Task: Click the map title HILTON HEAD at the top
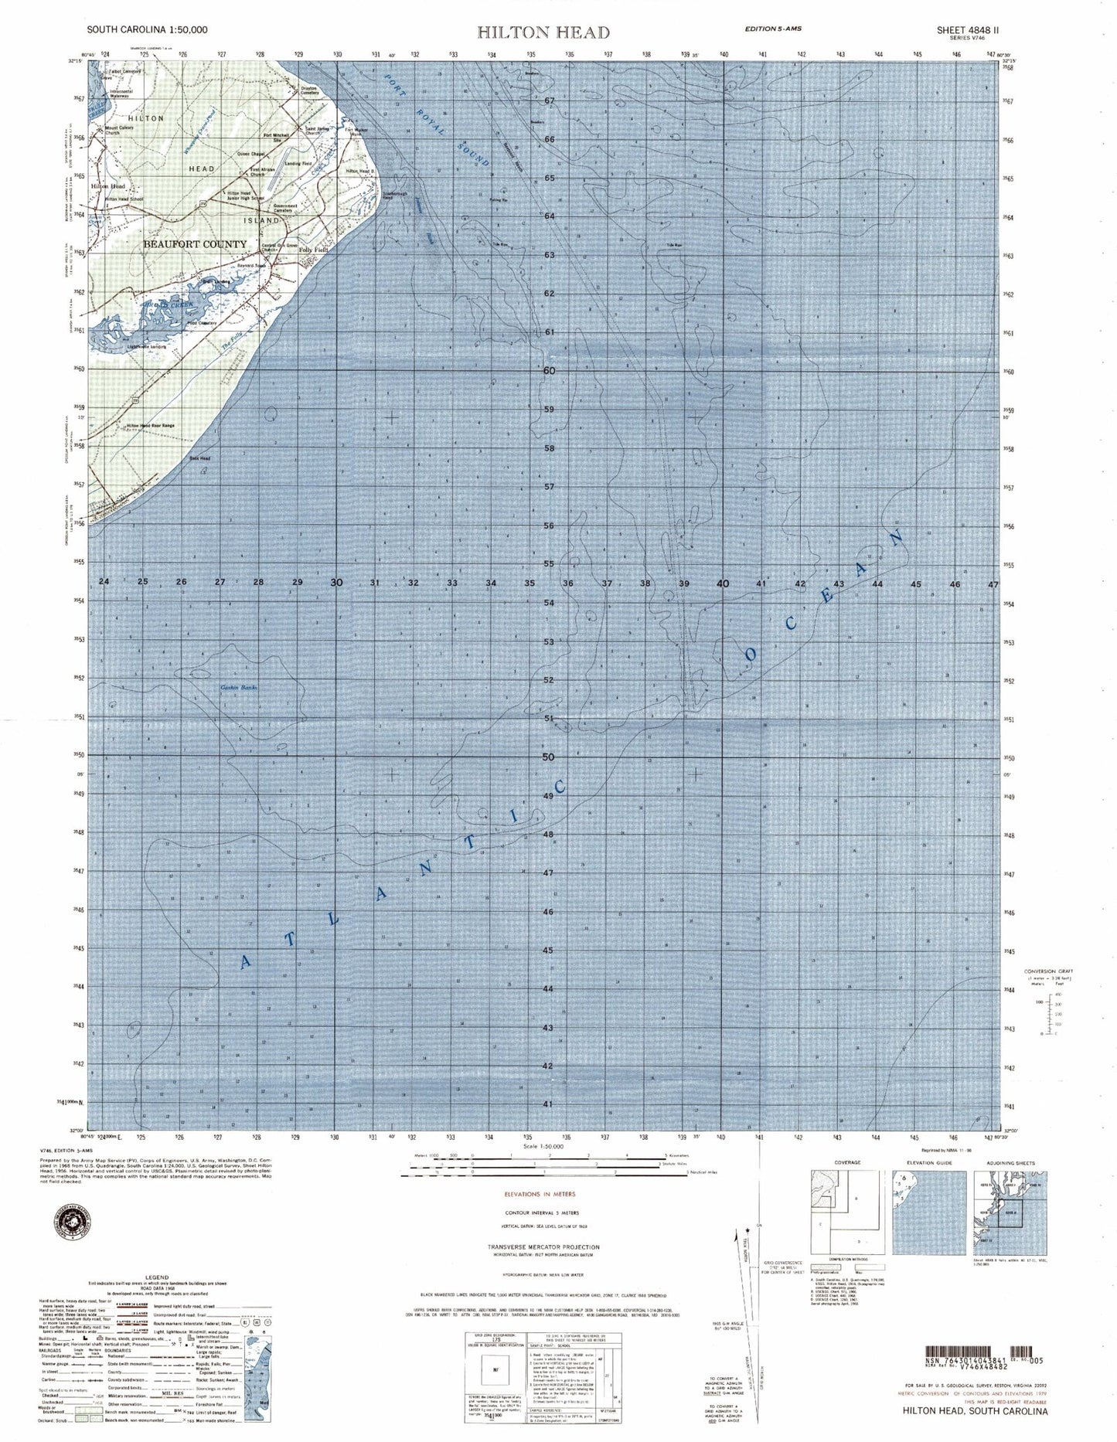coord(543,32)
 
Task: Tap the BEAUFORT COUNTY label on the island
coord(195,244)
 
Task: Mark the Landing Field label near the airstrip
coord(298,164)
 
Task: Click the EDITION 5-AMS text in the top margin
coord(772,29)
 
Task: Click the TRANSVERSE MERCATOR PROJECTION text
coord(543,1247)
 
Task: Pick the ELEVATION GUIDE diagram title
coord(928,1163)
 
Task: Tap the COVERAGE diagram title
coord(847,1163)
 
